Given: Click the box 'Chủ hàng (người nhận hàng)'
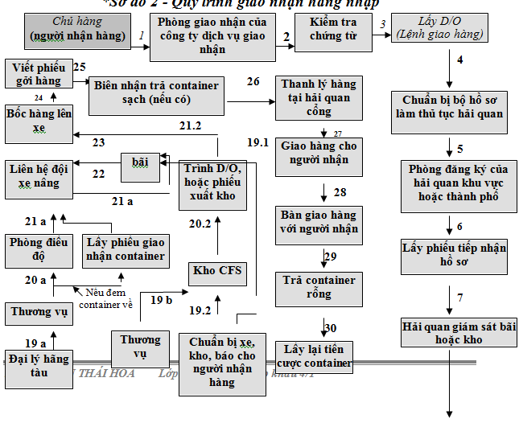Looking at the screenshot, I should click(76, 29).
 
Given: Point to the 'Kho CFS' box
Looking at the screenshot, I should click(216, 270).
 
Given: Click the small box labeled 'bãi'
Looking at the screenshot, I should click(140, 162).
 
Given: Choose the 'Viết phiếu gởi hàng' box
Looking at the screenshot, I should click(37, 75).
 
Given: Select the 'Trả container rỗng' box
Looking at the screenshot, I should click(319, 287).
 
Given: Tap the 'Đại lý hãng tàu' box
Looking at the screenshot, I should click(39, 364).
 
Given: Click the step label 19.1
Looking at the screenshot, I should click(258, 142).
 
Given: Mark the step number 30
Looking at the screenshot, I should click(331, 327).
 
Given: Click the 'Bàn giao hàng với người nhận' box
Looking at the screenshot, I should click(319, 222).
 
